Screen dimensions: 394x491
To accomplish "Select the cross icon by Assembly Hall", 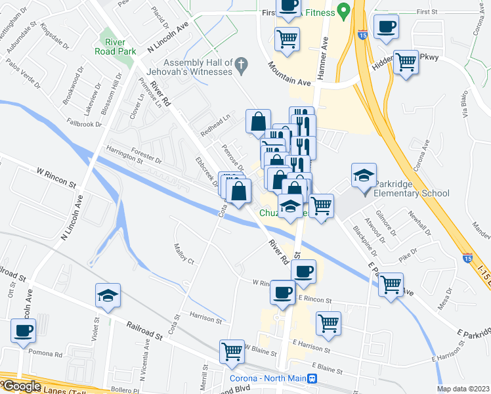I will (x=242, y=64).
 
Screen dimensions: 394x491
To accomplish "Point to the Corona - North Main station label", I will (x=268, y=379).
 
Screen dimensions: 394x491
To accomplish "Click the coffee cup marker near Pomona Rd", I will (x=24, y=330).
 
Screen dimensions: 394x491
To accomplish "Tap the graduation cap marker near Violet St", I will (x=108, y=295).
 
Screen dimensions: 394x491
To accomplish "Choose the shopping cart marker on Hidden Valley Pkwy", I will (x=406, y=63).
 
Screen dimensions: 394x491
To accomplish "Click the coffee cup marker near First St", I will (x=386, y=27).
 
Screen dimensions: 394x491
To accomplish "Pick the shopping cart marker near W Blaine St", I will (x=232, y=352).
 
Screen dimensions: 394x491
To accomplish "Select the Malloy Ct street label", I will (x=184, y=254).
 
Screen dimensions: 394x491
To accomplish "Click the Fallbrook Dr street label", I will (x=84, y=123).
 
